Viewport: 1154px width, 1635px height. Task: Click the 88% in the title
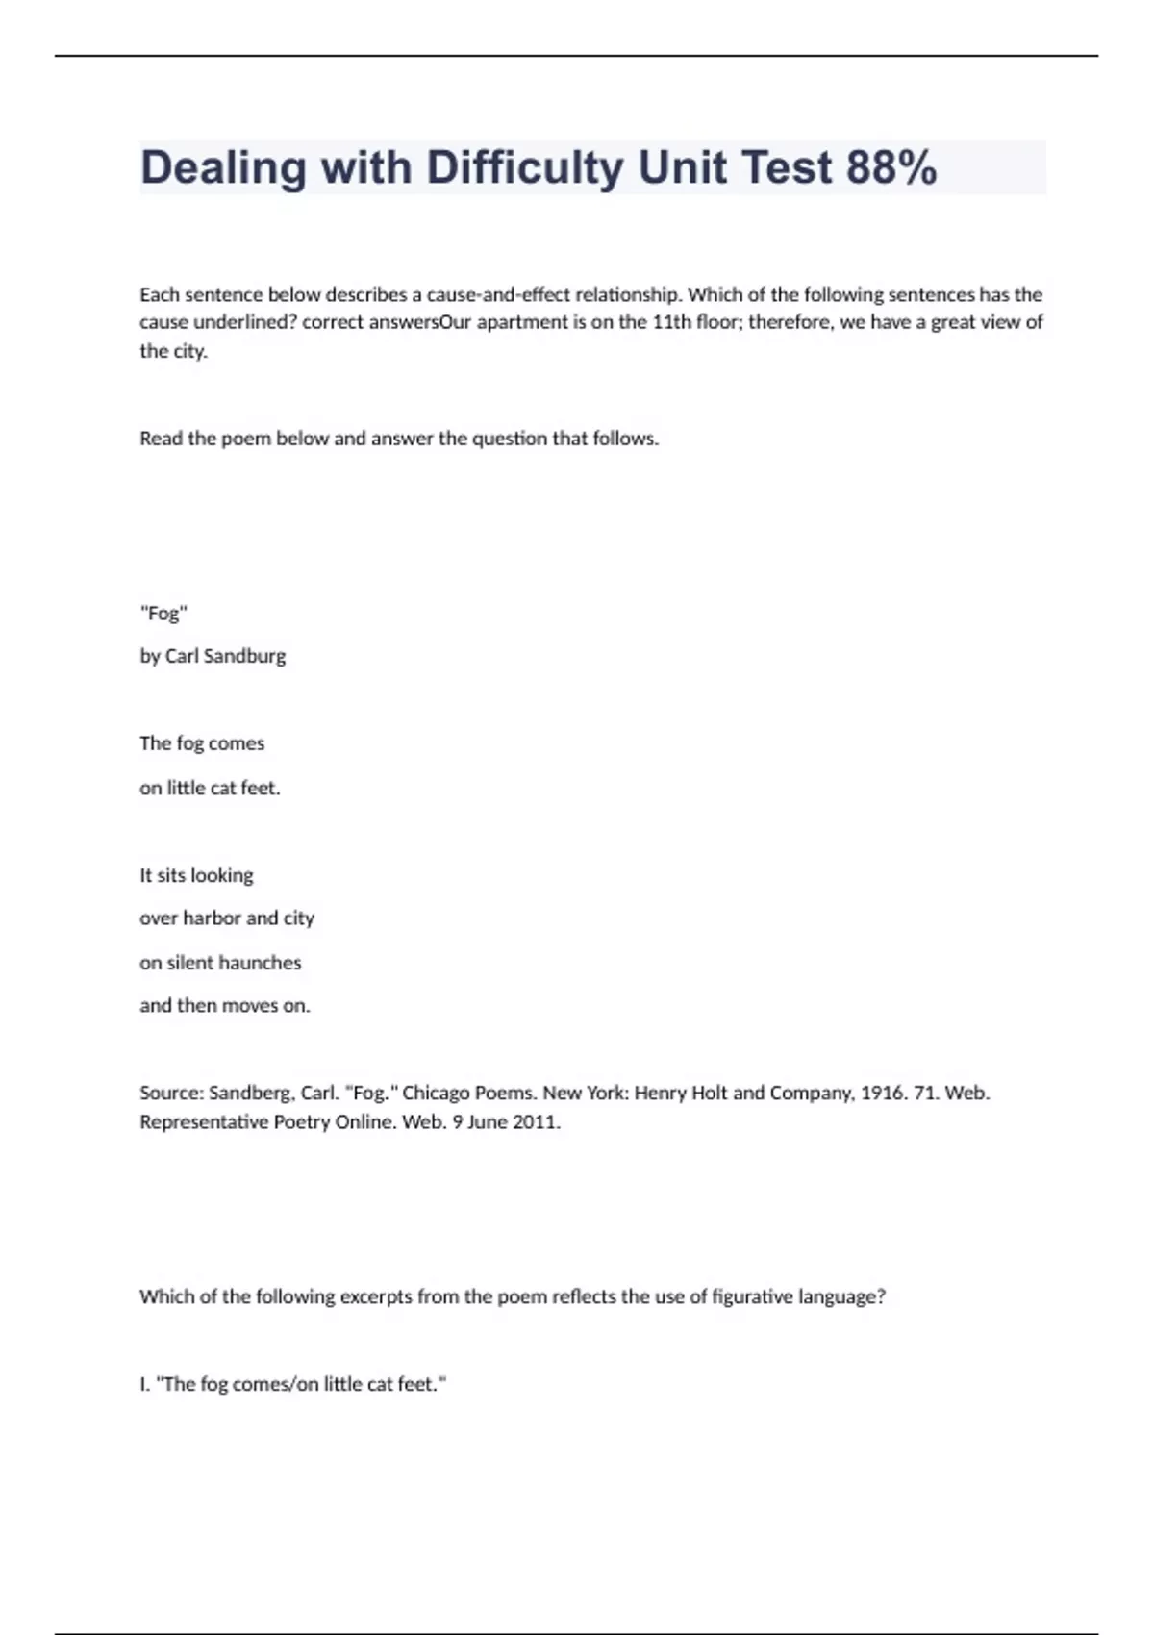click(x=891, y=167)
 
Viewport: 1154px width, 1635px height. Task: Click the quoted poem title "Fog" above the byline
click(x=163, y=613)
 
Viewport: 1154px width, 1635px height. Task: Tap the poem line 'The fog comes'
click(x=202, y=743)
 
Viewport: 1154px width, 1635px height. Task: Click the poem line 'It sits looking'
click(x=196, y=875)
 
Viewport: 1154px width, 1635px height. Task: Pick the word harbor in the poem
click(x=212, y=918)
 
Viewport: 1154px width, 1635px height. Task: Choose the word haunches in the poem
click(x=260, y=963)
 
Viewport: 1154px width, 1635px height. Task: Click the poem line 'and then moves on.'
click(x=225, y=1006)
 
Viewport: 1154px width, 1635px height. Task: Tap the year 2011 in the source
click(x=535, y=1121)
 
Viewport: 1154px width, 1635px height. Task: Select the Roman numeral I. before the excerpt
click(x=144, y=1384)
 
